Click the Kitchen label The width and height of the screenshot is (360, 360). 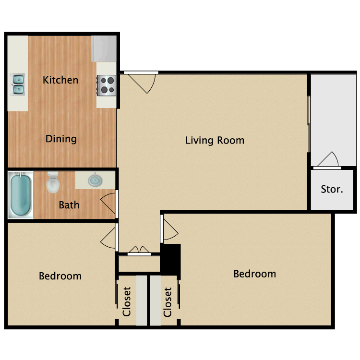tap(60, 80)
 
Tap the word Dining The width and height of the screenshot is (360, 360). tap(61, 139)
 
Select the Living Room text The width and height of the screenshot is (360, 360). tap(215, 141)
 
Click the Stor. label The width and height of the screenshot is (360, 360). tap(332, 189)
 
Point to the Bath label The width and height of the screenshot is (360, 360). tap(69, 205)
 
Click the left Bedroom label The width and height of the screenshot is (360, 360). tap(60, 276)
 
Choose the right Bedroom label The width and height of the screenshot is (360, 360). tap(254, 274)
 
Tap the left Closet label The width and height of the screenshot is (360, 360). tap(127, 302)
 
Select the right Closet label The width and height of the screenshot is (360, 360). tap(168, 302)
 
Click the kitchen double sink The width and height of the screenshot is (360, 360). tap(18, 84)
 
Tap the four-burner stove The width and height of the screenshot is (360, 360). tap(107, 85)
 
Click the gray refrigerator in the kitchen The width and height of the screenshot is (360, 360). tap(104, 48)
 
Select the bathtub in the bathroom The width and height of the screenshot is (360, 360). tap(21, 195)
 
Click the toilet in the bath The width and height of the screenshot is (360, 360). tap(53, 182)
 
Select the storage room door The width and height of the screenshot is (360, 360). tap(328, 161)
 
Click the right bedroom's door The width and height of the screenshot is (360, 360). tap(169, 228)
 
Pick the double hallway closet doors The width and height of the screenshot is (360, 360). tap(139, 251)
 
